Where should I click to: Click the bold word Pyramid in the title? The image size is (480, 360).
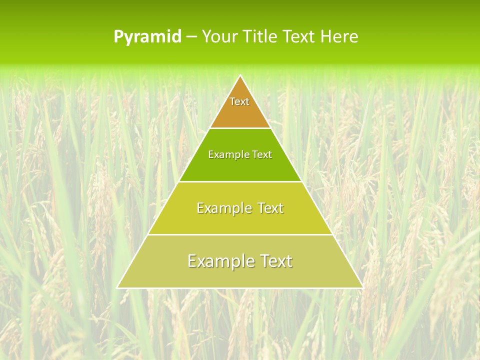(147, 37)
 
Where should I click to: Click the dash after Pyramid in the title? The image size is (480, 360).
(191, 37)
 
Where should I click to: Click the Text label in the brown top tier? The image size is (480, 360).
(239, 101)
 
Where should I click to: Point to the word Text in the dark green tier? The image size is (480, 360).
(262, 155)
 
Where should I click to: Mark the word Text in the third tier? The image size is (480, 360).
(269, 208)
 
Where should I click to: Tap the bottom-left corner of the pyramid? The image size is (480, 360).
(117, 287)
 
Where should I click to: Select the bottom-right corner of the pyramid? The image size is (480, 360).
(362, 287)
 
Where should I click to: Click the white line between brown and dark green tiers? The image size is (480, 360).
(240, 128)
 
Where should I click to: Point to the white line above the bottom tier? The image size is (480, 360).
(240, 234)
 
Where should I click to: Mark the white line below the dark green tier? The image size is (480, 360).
(240, 181)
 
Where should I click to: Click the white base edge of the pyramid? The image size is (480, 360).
(240, 288)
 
